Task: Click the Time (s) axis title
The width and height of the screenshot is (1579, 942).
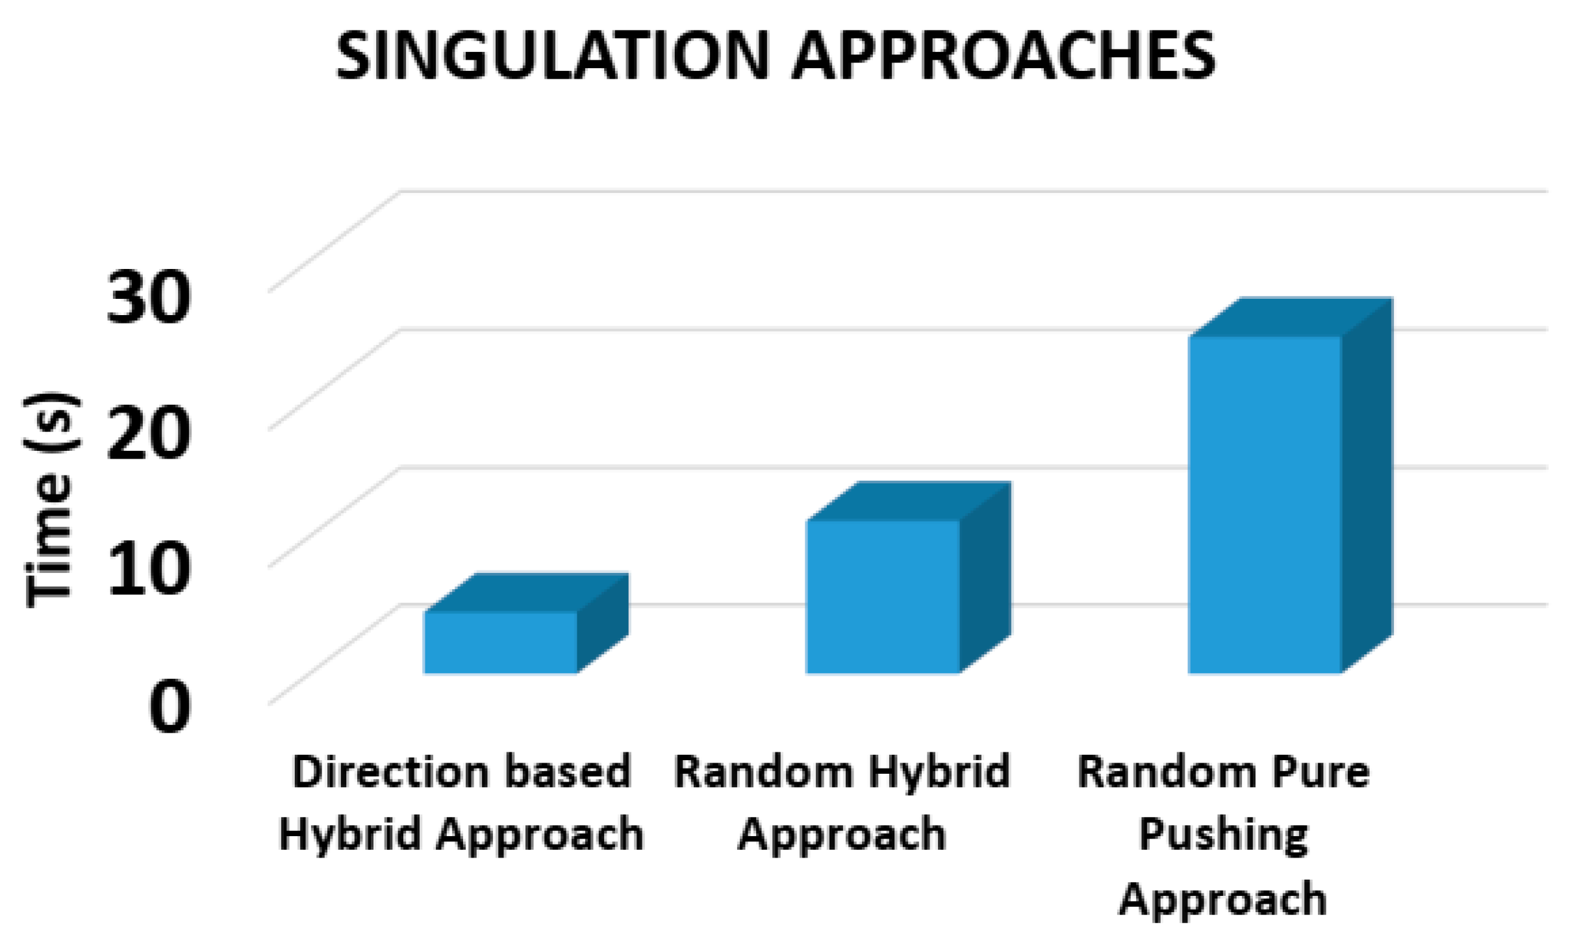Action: click(x=52, y=500)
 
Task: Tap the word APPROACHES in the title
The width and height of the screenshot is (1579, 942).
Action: click(x=1004, y=57)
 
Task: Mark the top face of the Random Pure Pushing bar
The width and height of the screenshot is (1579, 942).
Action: click(x=1291, y=317)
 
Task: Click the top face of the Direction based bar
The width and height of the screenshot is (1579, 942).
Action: click(x=526, y=592)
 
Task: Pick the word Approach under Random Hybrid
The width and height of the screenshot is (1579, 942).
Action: click(x=842, y=836)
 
